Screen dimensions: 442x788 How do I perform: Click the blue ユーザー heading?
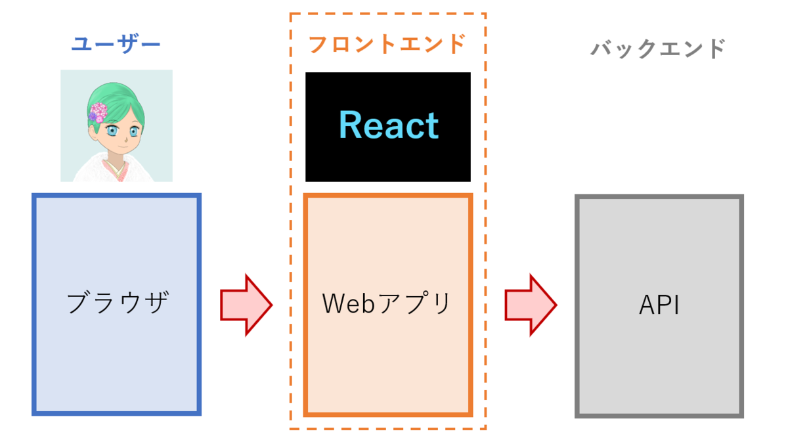pyautogui.click(x=116, y=45)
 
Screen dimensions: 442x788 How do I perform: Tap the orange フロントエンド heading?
pyautogui.click(x=387, y=45)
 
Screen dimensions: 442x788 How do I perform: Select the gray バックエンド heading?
pyautogui.click(x=659, y=49)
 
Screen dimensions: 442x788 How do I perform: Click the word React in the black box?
pyautogui.click(x=388, y=125)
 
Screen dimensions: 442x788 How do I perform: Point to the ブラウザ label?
pyautogui.click(x=118, y=303)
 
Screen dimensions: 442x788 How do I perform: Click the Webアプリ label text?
pyautogui.click(x=387, y=303)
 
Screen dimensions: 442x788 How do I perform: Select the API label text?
pyautogui.click(x=659, y=305)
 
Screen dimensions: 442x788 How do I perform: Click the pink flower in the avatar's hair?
pyautogui.click(x=98, y=110)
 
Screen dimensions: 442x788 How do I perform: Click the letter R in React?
pyautogui.click(x=351, y=125)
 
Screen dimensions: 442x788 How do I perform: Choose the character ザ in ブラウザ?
pyautogui.click(x=157, y=303)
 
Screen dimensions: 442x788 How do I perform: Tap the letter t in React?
pyautogui.click(x=432, y=125)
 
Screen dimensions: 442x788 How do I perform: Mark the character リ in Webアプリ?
pyautogui.click(x=441, y=303)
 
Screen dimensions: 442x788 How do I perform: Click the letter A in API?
pyautogui.click(x=647, y=305)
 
